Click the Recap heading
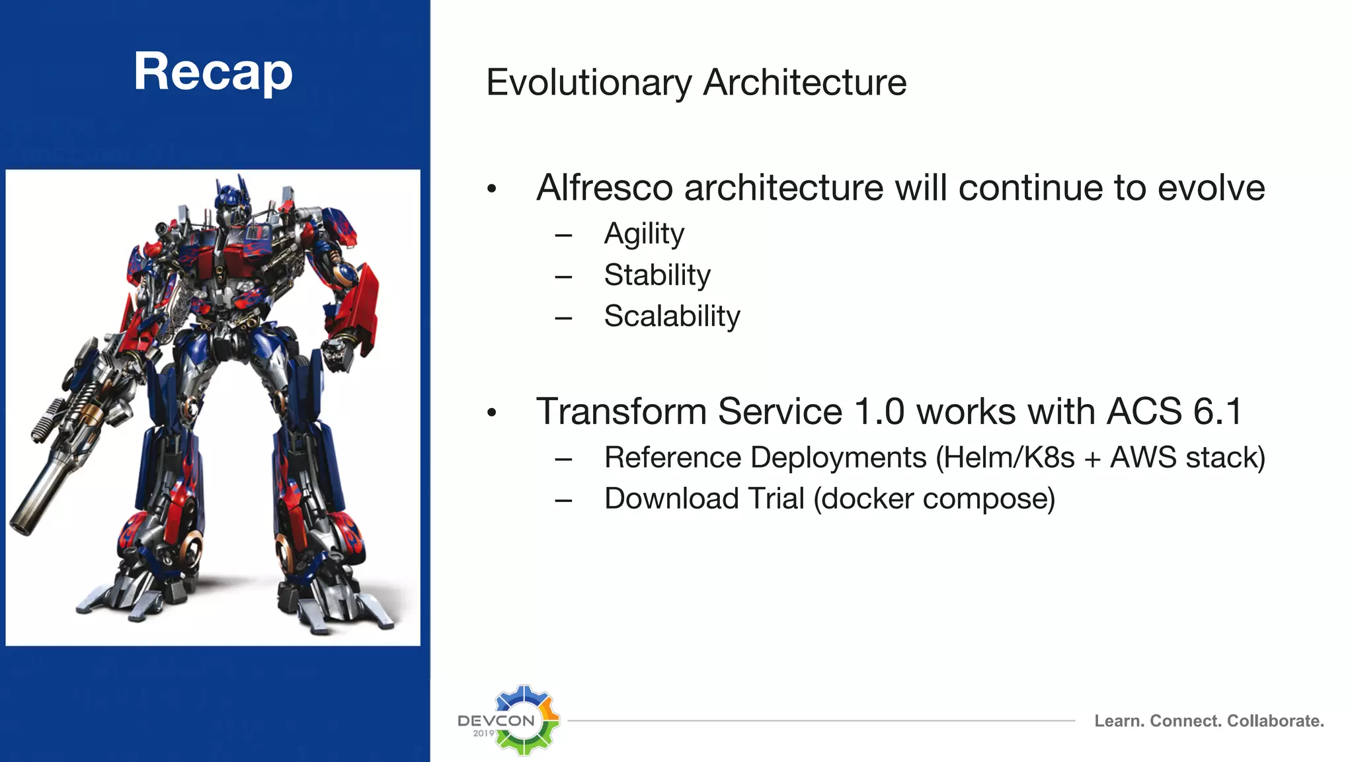(213, 71)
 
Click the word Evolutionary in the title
(588, 83)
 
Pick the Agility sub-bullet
(644, 234)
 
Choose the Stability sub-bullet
(657, 275)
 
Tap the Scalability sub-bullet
(672, 316)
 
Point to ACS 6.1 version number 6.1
(1218, 411)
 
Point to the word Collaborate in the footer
(1274, 721)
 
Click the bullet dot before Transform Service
(491, 413)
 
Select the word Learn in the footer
(1117, 721)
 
